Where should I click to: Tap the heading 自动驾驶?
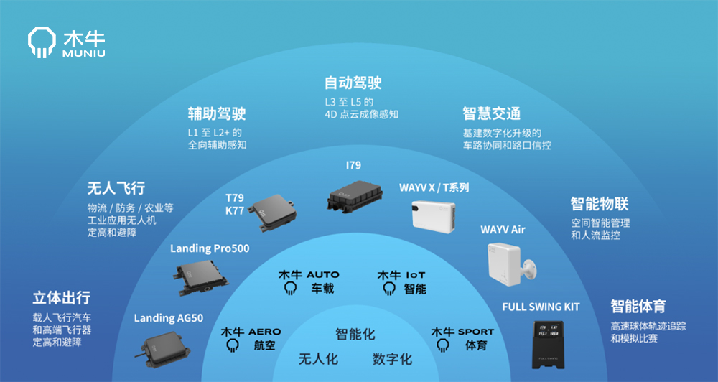click(x=353, y=83)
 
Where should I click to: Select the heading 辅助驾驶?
click(x=217, y=113)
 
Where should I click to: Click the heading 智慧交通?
click(x=491, y=113)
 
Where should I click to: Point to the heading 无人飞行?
click(x=116, y=188)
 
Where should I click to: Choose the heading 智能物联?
click(x=600, y=204)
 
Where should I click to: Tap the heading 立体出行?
click(x=61, y=298)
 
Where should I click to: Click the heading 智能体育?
click(x=638, y=306)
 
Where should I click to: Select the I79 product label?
click(x=353, y=165)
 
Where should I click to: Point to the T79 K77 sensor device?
click(x=272, y=213)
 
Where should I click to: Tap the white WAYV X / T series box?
click(x=433, y=215)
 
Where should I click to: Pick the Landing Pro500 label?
click(x=210, y=248)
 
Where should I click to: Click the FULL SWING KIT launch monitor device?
click(x=548, y=344)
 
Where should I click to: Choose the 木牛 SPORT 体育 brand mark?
click(x=462, y=339)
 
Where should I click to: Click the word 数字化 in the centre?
click(x=392, y=359)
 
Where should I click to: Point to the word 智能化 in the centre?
click(x=355, y=335)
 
